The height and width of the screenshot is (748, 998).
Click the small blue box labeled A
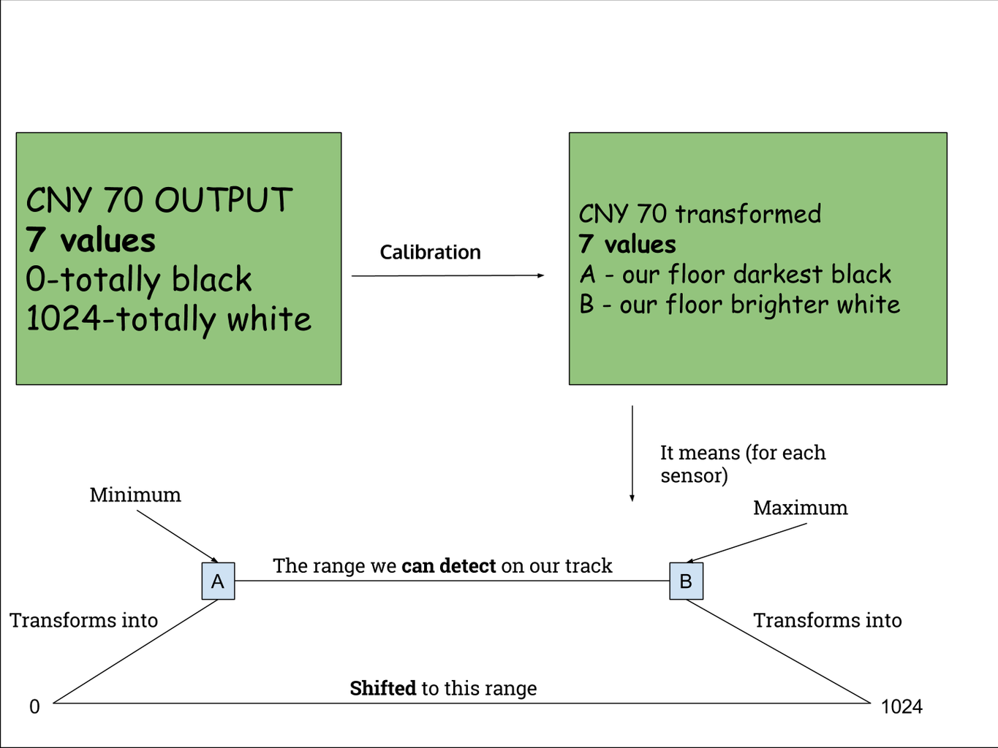click(218, 581)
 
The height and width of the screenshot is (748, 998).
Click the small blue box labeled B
click(686, 581)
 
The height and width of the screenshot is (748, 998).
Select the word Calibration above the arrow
click(430, 253)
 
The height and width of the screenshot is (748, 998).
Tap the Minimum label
click(135, 495)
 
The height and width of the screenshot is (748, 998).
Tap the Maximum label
click(800, 508)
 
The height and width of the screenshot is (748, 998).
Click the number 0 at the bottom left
click(34, 706)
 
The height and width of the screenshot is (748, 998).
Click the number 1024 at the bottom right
click(901, 706)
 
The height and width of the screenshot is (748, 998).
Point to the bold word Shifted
click(382, 688)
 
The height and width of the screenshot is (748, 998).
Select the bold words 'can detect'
click(448, 566)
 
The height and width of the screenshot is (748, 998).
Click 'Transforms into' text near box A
click(84, 620)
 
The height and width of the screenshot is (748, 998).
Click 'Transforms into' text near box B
click(827, 620)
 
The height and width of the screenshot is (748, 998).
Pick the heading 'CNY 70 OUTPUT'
click(159, 200)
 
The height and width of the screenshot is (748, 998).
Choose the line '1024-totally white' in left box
click(169, 319)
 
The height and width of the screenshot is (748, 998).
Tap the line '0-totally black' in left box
click(139, 280)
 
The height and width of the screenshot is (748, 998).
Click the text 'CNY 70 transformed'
click(700, 214)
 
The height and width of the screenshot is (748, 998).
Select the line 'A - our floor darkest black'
click(735, 275)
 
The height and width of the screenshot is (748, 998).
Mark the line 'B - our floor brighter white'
click(739, 305)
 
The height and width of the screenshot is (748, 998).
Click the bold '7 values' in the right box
click(627, 244)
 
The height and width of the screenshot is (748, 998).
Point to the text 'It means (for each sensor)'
click(742, 464)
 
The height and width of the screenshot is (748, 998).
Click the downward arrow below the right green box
click(632, 453)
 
